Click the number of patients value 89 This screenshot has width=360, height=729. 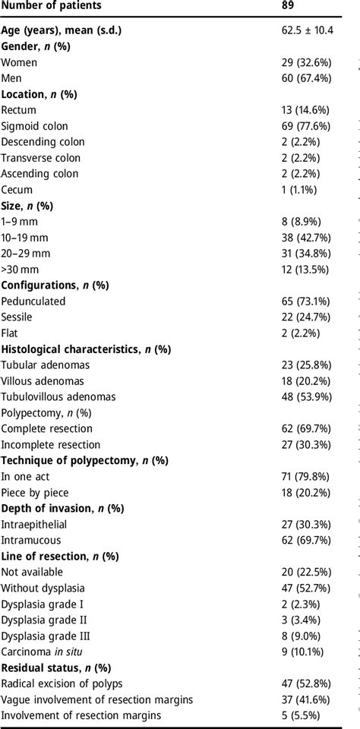pyautogui.click(x=288, y=8)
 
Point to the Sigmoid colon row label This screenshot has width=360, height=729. pyautogui.click(x=35, y=126)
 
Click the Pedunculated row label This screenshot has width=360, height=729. pyautogui.click(x=33, y=301)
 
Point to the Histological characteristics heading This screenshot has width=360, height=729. pyautogui.click(x=86, y=349)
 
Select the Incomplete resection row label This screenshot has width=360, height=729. pyautogui.click(x=50, y=445)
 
